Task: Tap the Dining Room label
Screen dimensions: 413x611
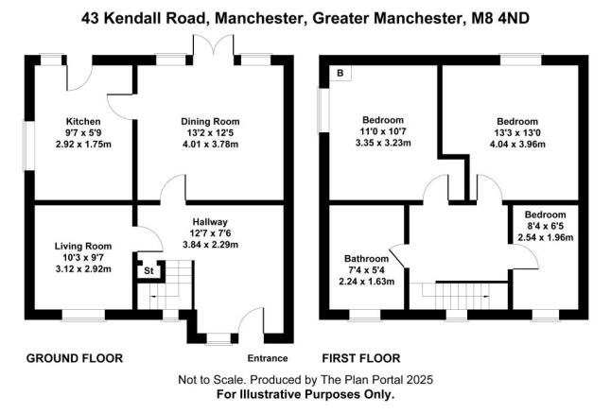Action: click(x=210, y=122)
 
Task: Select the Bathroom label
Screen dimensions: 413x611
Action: click(x=365, y=259)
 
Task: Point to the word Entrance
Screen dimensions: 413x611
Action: click(x=267, y=358)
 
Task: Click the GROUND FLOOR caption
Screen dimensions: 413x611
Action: click(x=75, y=358)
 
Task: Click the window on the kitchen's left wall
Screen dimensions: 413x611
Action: click(x=30, y=145)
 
